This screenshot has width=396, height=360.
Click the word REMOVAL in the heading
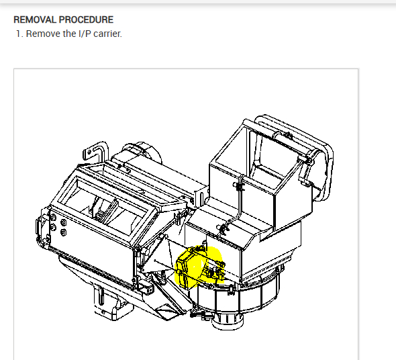(x=35, y=19)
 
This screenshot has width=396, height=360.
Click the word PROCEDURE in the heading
(x=86, y=19)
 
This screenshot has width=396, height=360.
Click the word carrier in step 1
(x=107, y=34)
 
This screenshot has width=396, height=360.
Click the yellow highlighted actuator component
(x=199, y=267)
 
